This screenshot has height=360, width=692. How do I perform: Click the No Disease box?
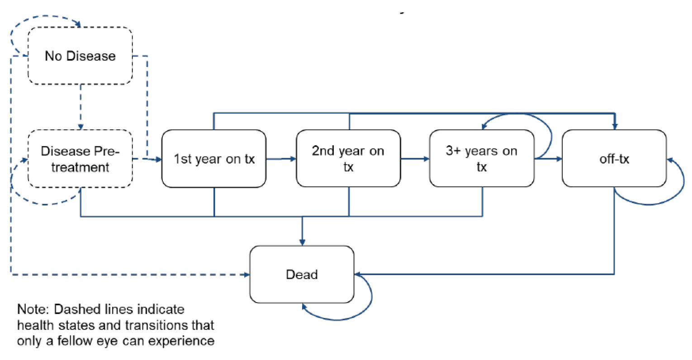80,56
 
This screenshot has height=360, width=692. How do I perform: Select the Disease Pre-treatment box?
80,159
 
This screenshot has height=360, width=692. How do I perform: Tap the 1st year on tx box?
213,159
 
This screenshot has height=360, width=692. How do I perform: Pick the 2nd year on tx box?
348,159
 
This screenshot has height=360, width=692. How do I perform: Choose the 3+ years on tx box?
481,159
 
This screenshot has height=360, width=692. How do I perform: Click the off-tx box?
614,159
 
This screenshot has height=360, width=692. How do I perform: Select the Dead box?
302,275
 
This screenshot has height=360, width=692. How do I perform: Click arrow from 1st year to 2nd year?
280,159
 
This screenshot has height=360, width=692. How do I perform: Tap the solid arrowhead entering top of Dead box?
302,242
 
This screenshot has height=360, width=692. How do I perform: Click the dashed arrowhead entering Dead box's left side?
246,275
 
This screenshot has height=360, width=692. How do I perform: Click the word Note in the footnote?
33,309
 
